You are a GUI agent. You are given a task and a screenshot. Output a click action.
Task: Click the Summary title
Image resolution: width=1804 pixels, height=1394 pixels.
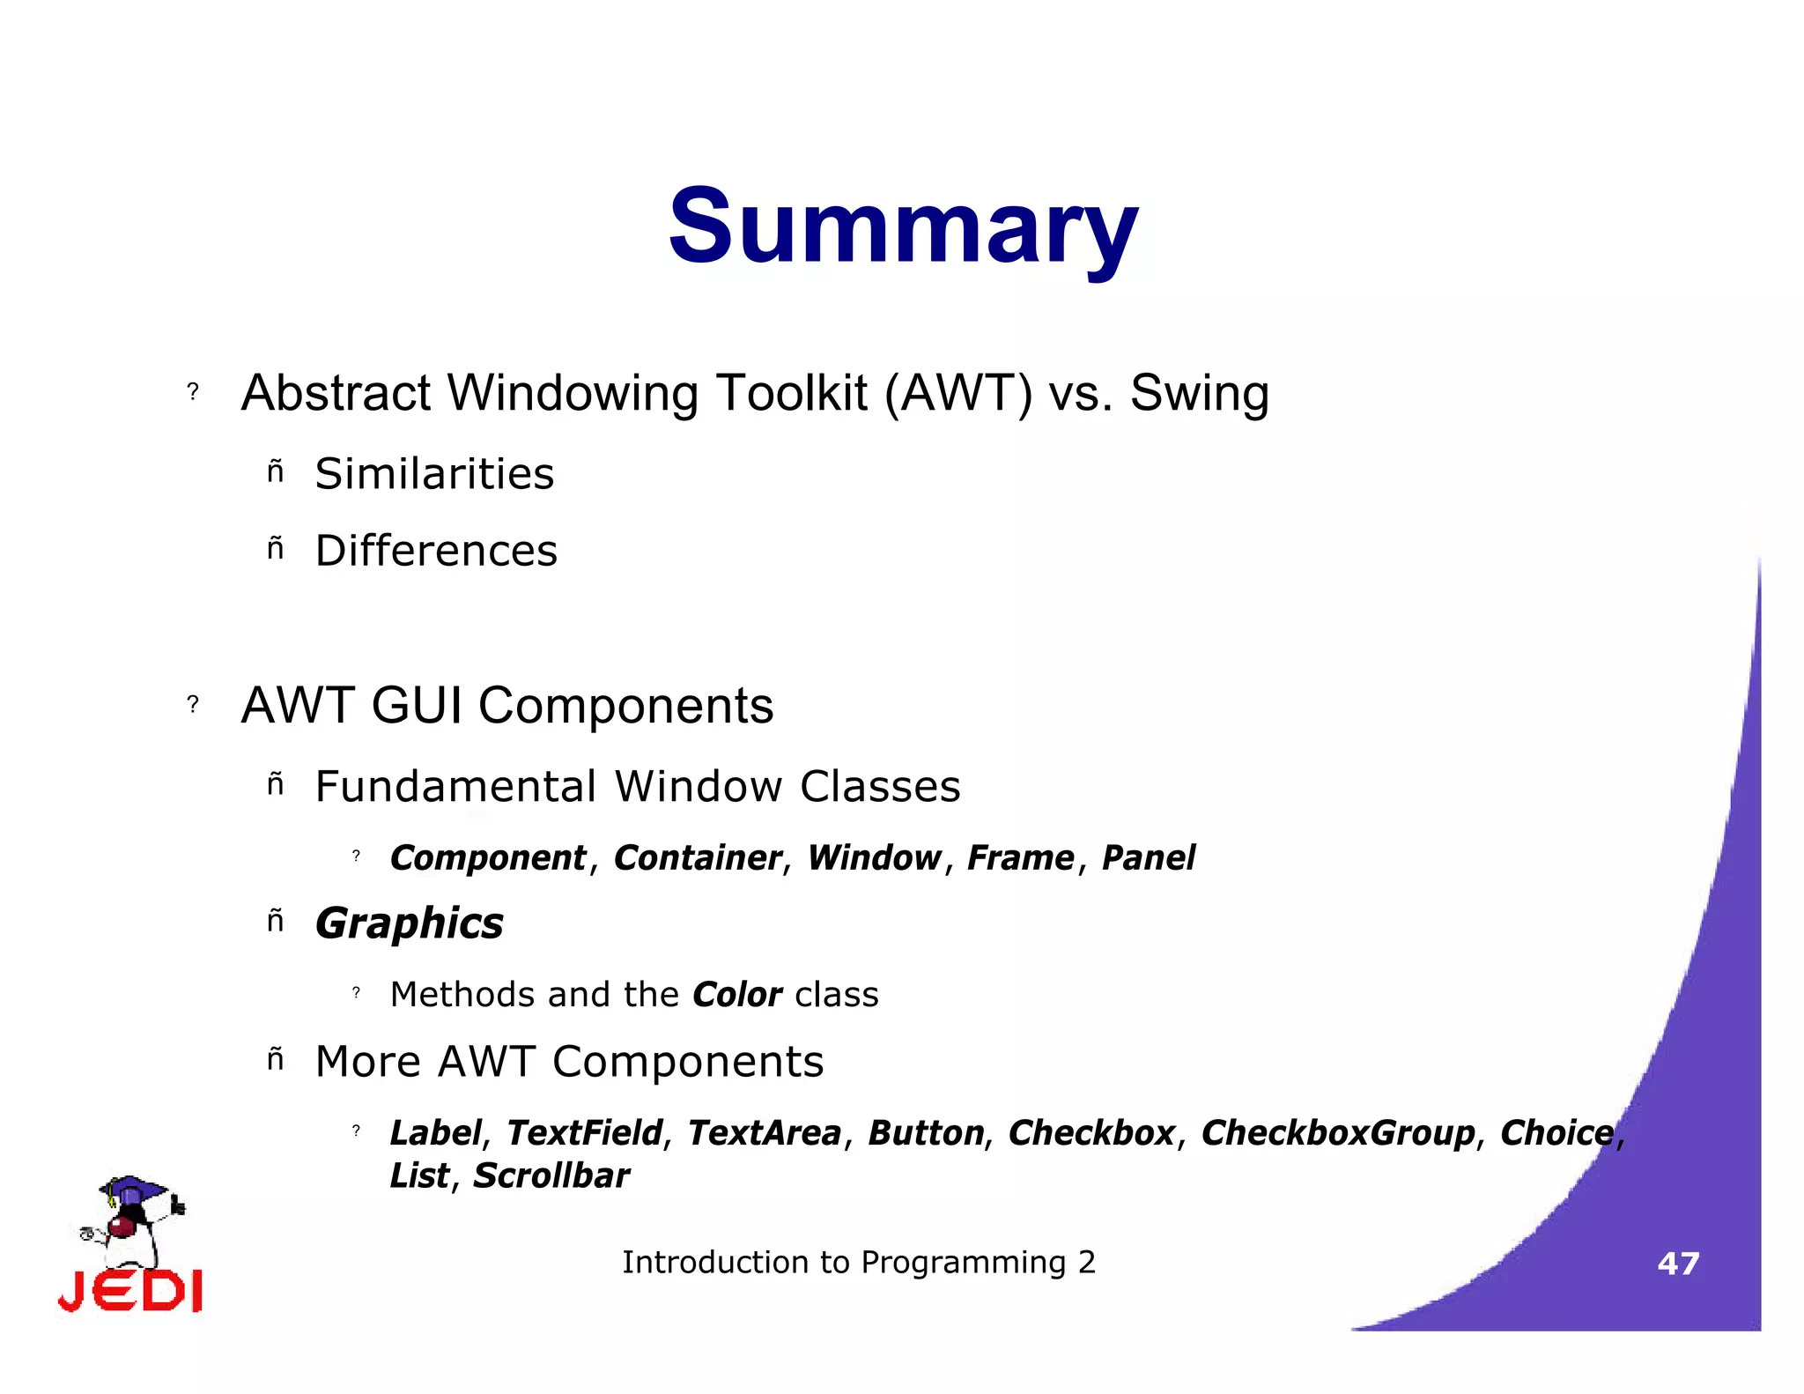click(x=903, y=227)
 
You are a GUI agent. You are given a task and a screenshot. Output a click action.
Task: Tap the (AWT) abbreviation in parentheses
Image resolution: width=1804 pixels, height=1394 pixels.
click(x=957, y=393)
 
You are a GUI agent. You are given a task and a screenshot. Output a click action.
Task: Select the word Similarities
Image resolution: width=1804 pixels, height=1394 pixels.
click(x=434, y=474)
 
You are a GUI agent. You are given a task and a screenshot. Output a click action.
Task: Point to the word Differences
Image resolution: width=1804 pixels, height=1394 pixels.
click(x=436, y=551)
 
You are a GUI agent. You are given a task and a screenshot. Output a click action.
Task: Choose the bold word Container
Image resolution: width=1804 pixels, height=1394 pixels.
click(x=697, y=858)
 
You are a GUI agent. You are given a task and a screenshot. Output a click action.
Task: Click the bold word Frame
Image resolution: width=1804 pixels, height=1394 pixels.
click(x=1020, y=858)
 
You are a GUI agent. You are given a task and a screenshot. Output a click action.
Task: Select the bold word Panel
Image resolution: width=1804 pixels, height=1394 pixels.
click(x=1148, y=858)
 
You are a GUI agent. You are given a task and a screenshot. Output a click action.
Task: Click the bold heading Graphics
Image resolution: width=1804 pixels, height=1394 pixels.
click(x=409, y=924)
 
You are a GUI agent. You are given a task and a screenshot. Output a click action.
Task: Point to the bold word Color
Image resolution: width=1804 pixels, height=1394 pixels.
click(x=736, y=995)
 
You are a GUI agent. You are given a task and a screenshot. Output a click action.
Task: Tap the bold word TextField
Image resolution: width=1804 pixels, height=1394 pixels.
click(x=584, y=1133)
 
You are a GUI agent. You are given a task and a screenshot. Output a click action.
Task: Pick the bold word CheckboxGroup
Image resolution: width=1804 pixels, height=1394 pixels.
click(x=1337, y=1133)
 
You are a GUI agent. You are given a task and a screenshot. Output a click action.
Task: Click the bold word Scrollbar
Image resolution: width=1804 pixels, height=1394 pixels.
click(x=551, y=1176)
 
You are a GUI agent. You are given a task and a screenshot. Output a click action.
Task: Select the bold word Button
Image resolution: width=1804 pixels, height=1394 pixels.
click(x=926, y=1133)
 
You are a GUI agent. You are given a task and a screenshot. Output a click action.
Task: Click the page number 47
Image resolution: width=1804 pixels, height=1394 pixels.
click(x=1677, y=1264)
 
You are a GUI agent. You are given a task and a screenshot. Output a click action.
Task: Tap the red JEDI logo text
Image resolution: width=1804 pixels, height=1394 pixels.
click(x=130, y=1292)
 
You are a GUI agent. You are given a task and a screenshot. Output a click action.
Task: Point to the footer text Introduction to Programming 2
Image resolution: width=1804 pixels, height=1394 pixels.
click(x=859, y=1263)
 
